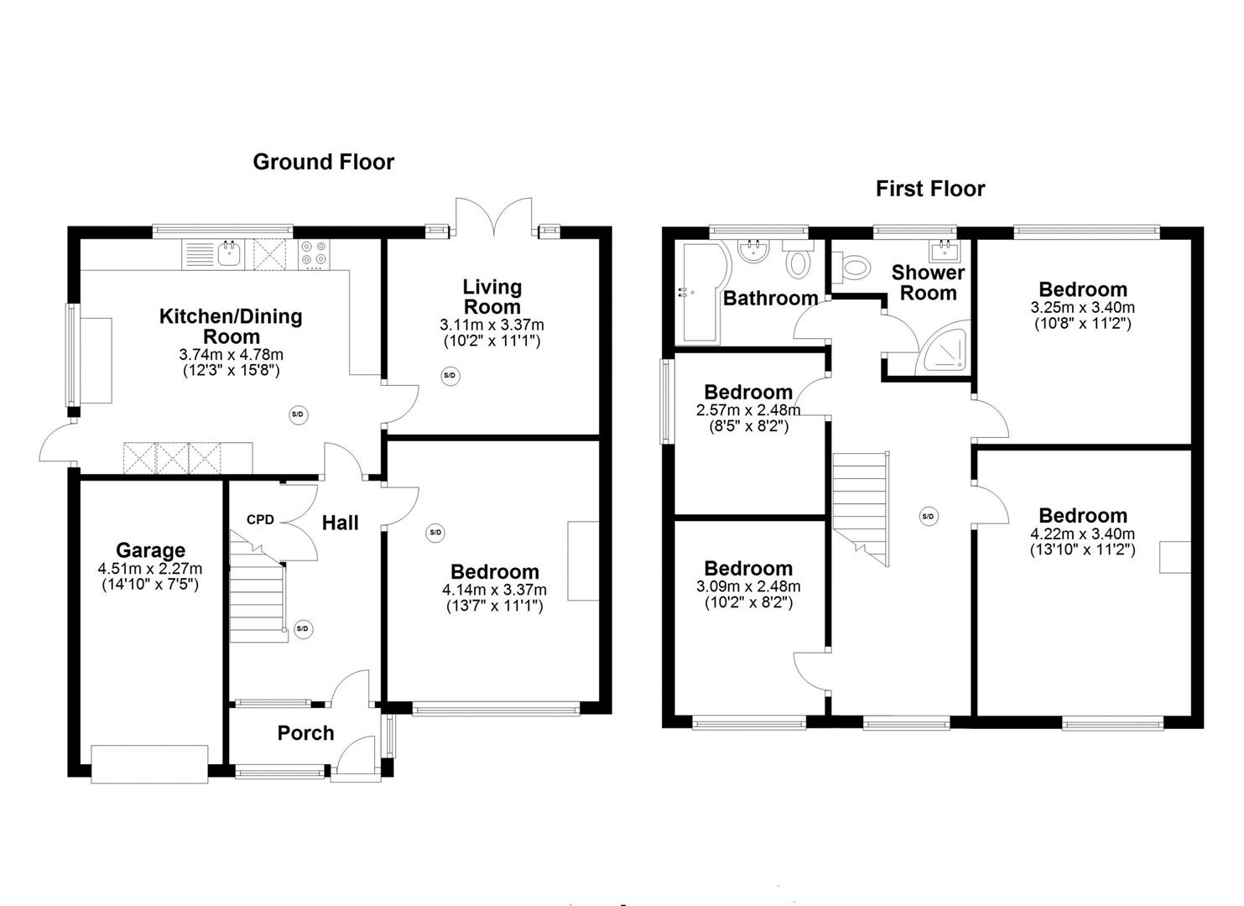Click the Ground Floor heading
(323, 162)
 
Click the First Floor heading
(930, 189)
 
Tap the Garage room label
(150, 550)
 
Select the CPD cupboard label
(261, 519)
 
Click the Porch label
(305, 733)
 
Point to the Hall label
(341, 523)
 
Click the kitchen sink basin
(229, 254)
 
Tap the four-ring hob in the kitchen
(315, 254)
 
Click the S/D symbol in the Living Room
(450, 376)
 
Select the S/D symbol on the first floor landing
(928, 516)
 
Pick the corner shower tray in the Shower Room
(944, 347)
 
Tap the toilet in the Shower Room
(851, 266)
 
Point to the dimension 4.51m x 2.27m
(150, 569)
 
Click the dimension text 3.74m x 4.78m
(231, 354)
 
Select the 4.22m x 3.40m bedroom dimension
(1082, 534)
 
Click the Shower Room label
(928, 283)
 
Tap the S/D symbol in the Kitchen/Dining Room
(299, 414)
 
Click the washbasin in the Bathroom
(753, 253)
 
